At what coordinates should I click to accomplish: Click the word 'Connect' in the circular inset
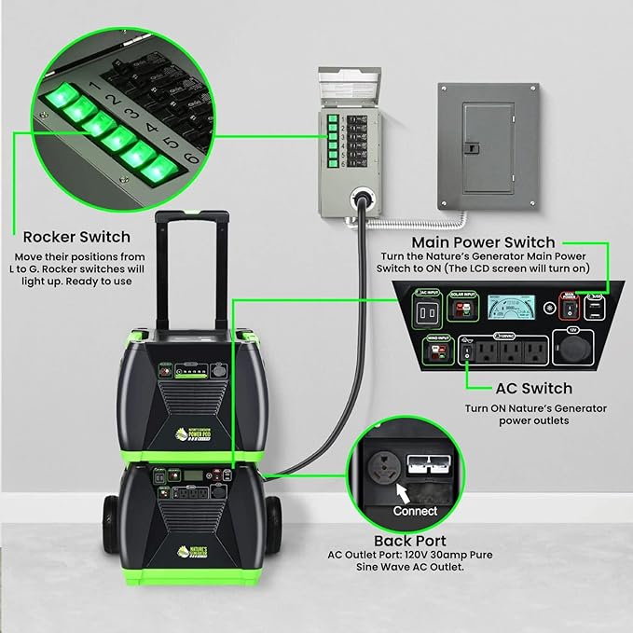coord(415,511)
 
